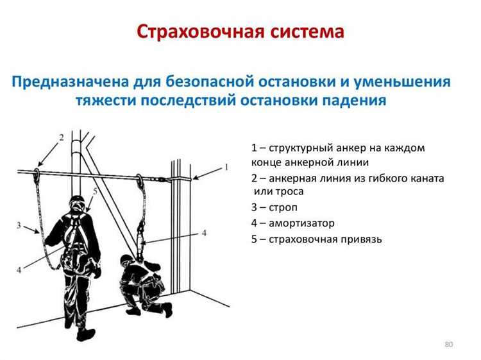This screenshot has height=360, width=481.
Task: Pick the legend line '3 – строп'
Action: [x=274, y=207]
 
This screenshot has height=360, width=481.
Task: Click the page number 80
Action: [x=448, y=345]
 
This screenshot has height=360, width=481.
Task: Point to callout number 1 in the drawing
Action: [x=226, y=167]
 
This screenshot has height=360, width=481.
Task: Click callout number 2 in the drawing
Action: [x=61, y=137]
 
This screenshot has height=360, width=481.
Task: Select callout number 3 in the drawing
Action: [x=19, y=225]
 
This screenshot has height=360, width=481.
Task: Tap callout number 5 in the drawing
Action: [x=95, y=191]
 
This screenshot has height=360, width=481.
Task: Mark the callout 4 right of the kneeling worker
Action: [x=203, y=232]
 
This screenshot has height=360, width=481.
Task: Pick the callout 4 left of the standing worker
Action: [x=19, y=268]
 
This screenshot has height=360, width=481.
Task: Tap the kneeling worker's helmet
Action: [x=126, y=261]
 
